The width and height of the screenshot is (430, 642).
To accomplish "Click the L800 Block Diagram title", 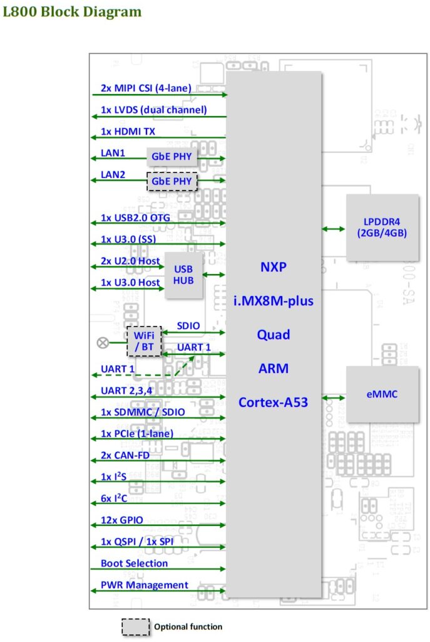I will tap(72, 12).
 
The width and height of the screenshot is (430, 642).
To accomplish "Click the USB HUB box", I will tap(183, 275).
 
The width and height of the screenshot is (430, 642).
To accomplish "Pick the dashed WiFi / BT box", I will tap(144, 340).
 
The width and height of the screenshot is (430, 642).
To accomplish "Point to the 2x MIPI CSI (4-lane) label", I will tap(146, 88).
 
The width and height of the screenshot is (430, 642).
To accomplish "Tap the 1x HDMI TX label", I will tap(128, 132).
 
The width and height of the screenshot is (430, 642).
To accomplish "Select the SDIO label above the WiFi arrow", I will tap(188, 325).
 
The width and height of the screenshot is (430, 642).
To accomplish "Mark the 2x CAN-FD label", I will tap(125, 455).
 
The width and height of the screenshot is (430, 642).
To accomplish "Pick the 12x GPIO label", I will tap(122, 520).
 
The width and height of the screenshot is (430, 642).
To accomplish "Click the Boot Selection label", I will tap(134, 563).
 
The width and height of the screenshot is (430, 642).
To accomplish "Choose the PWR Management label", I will tap(145, 585).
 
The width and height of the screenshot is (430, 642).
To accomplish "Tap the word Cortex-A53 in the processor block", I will tap(274, 402).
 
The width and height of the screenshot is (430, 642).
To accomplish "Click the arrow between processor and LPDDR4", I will tap(334, 229).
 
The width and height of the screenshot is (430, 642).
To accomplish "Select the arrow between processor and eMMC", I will tap(334, 397).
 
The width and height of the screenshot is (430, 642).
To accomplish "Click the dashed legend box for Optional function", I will tap(135, 626).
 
